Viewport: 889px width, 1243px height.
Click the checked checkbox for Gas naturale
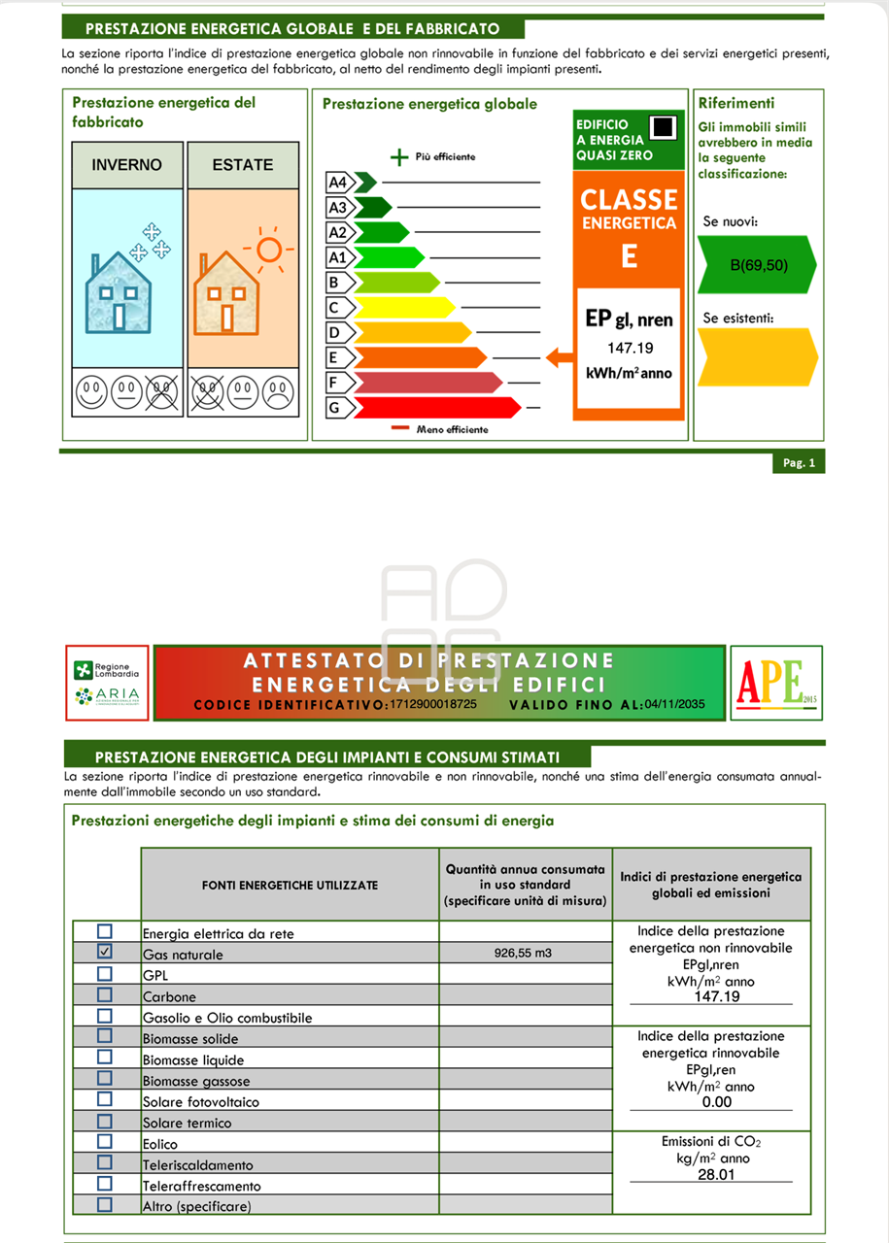(x=105, y=952)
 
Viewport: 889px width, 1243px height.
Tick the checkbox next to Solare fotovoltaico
(x=105, y=1099)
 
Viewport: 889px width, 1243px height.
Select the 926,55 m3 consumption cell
(x=523, y=954)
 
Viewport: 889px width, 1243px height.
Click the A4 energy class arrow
(x=364, y=182)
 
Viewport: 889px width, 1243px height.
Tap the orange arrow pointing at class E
(x=559, y=357)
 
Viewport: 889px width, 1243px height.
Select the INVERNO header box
(x=127, y=165)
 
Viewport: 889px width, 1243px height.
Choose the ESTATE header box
(x=243, y=165)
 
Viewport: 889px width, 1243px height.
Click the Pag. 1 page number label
(x=799, y=463)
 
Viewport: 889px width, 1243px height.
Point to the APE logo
(x=776, y=683)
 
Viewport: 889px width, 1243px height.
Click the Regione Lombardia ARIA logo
(x=107, y=683)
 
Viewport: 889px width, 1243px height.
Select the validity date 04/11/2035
(x=675, y=704)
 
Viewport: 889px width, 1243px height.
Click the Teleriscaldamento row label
(x=198, y=1165)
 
